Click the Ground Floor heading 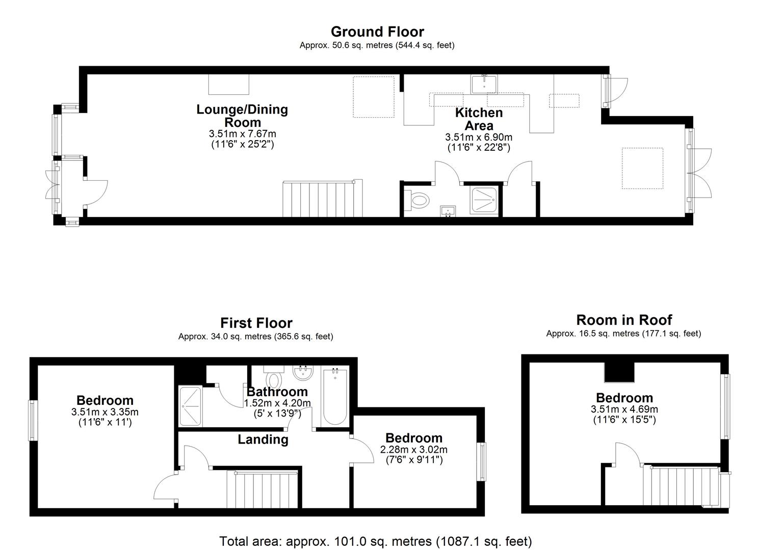[x=377, y=32]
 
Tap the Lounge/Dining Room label [x=242, y=116]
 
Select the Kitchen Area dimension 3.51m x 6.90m [x=479, y=137]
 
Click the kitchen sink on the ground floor [x=484, y=84]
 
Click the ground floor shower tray [x=484, y=201]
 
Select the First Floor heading [x=256, y=323]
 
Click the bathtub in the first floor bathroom [x=335, y=396]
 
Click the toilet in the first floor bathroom [x=273, y=377]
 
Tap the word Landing [x=263, y=439]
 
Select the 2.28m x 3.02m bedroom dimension [x=413, y=450]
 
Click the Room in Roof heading [x=624, y=320]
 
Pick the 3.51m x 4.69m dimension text [x=624, y=409]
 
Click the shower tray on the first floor [x=190, y=406]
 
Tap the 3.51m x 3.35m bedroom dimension [x=105, y=412]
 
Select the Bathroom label [x=277, y=392]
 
